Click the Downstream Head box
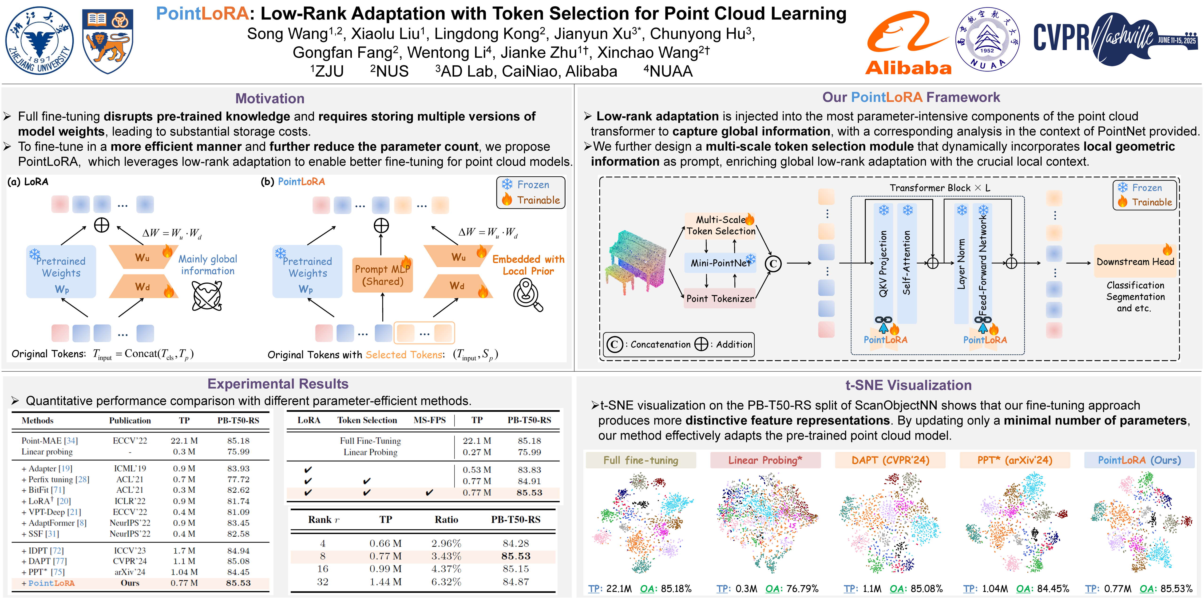[x=1135, y=262]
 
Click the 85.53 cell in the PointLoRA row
[x=238, y=583]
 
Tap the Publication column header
[x=130, y=421]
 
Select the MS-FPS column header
[x=430, y=420]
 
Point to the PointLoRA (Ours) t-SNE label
[x=1139, y=460]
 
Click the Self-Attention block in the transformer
[x=907, y=263]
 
